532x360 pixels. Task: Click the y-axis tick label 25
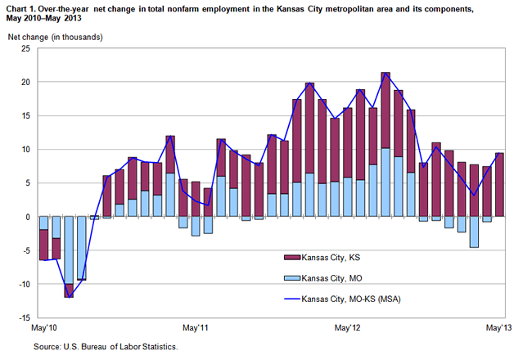point(25,49)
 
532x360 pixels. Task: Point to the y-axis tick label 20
point(25,83)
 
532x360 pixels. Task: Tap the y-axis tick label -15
point(24,317)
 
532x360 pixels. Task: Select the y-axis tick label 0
point(28,217)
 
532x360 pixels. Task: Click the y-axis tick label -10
point(24,284)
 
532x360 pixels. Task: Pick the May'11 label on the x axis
point(195,329)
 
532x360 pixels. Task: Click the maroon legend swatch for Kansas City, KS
point(289,257)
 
